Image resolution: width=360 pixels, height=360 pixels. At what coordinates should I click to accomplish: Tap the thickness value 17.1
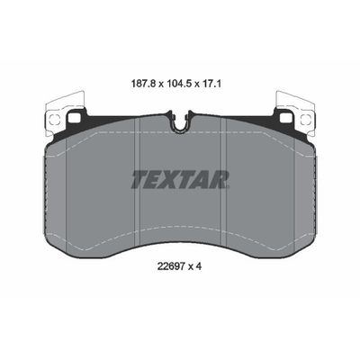[x=211, y=84]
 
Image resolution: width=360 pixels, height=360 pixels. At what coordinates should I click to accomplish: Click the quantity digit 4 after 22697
[x=198, y=266]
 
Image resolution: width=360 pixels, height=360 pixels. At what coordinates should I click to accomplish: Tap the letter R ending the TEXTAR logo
[x=220, y=179]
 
